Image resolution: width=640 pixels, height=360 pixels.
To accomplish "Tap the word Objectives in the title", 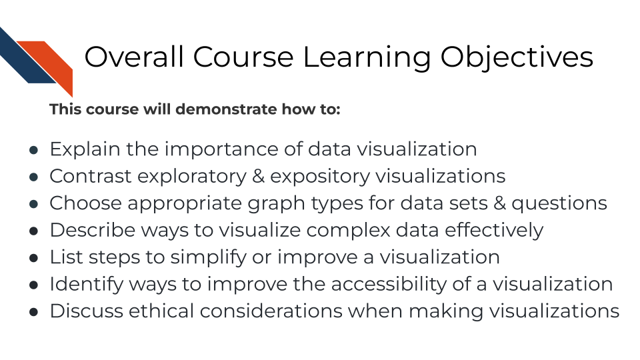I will pos(517,57).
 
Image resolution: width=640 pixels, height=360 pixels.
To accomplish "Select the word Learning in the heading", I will pos(367,57).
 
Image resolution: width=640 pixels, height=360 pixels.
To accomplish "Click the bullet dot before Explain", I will pos(33,150).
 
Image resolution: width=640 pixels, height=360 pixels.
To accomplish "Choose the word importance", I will pos(231,149).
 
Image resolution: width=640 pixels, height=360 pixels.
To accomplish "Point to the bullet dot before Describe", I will pos(33,231).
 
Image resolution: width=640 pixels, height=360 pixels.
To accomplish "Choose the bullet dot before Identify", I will pos(33,285).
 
